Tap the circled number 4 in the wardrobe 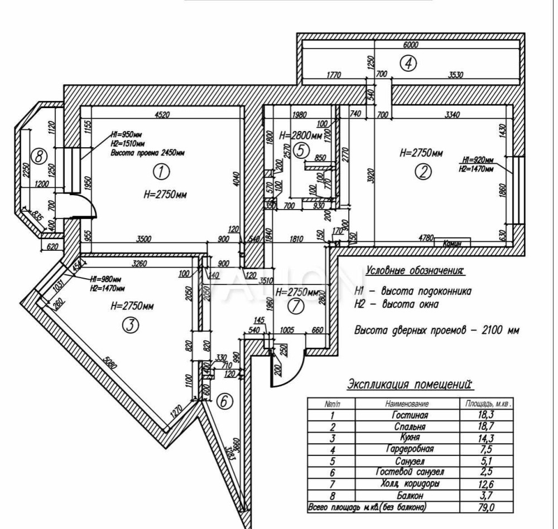(408, 64)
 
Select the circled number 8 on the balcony (39, 157)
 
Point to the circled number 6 (223, 401)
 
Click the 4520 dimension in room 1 (162, 115)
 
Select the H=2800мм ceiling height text (300, 135)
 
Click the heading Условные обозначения (415, 271)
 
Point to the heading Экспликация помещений (410, 384)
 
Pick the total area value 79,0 (484, 507)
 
